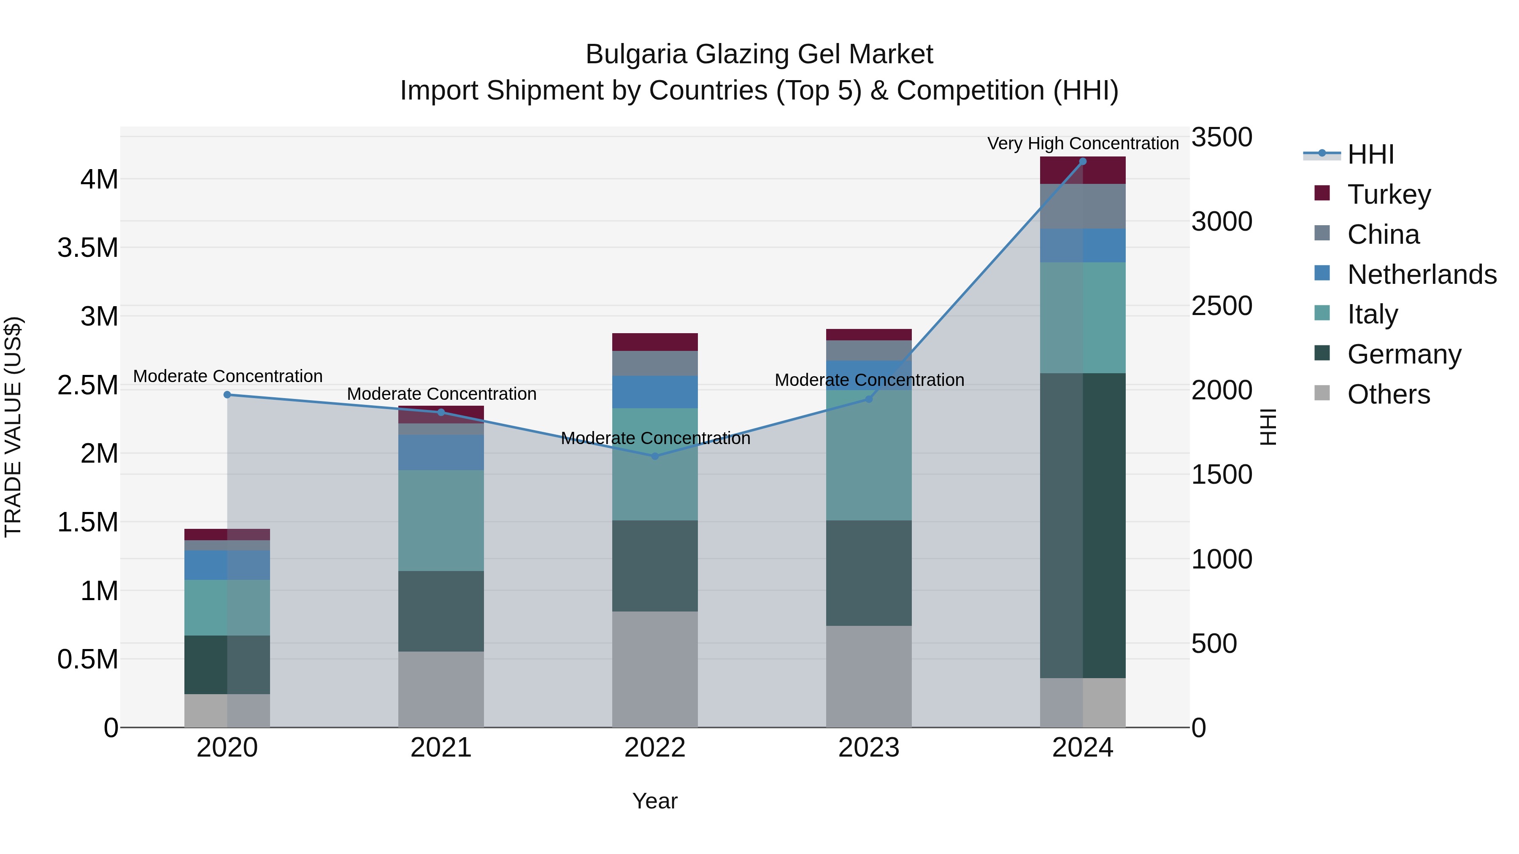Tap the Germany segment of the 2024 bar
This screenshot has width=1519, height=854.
[1083, 525]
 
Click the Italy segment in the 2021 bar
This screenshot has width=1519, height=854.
[441, 520]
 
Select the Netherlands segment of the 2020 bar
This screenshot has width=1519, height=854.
[227, 565]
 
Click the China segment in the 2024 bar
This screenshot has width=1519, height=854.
[1083, 206]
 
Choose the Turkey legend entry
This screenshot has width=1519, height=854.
[1389, 194]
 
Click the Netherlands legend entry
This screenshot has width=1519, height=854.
[1421, 274]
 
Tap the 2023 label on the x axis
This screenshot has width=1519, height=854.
[869, 748]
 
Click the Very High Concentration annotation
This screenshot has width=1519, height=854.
[1083, 143]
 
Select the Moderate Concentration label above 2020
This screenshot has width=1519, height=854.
[227, 376]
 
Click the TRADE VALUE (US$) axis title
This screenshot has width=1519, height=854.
[13, 427]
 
